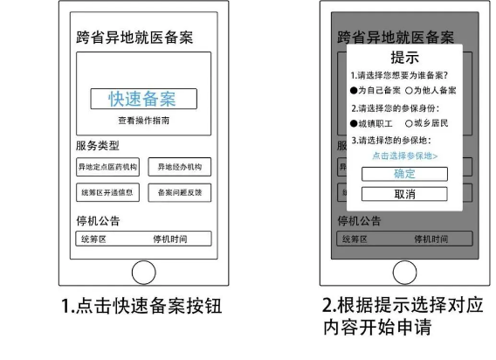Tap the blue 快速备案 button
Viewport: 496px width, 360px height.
click(x=143, y=99)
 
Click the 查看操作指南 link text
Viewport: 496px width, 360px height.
click(x=143, y=121)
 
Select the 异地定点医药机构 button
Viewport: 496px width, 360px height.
click(x=108, y=167)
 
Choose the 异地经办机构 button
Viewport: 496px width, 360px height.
click(x=180, y=167)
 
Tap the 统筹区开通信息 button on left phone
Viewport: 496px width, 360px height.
click(x=108, y=192)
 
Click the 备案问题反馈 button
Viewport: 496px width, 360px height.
click(x=180, y=192)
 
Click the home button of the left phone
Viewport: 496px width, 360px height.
click(x=143, y=273)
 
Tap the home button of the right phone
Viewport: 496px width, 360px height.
click(x=405, y=273)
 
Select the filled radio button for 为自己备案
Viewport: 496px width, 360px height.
click(x=354, y=91)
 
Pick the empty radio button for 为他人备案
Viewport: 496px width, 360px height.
click(x=409, y=91)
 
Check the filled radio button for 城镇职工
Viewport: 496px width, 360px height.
click(x=354, y=123)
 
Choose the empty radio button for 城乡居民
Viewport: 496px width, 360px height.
click(x=409, y=123)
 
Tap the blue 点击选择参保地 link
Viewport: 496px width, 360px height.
click(x=405, y=156)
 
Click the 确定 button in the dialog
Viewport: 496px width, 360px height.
click(x=404, y=174)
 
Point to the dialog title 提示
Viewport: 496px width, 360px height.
click(x=405, y=58)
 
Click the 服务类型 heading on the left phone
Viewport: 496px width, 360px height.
click(x=98, y=146)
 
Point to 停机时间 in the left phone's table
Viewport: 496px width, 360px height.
click(x=170, y=239)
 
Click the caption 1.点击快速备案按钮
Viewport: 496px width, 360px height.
click(x=141, y=306)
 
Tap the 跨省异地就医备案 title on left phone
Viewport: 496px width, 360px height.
click(x=134, y=38)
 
